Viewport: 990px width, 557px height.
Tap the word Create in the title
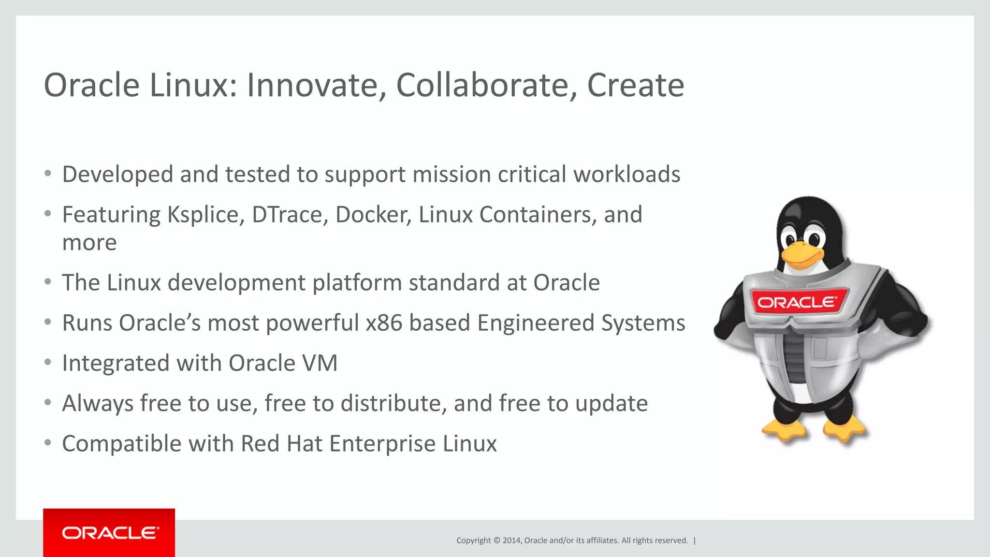[x=635, y=86]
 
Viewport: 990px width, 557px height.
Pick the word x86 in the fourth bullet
[x=384, y=323]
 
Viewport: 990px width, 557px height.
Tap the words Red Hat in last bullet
[x=281, y=444]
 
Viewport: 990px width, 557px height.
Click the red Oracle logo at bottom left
[x=109, y=533]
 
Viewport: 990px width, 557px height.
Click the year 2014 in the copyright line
[x=511, y=541]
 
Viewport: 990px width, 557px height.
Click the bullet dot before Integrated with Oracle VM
[x=47, y=362]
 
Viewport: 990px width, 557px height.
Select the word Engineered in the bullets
[x=536, y=323]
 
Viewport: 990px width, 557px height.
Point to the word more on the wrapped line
[x=89, y=243]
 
